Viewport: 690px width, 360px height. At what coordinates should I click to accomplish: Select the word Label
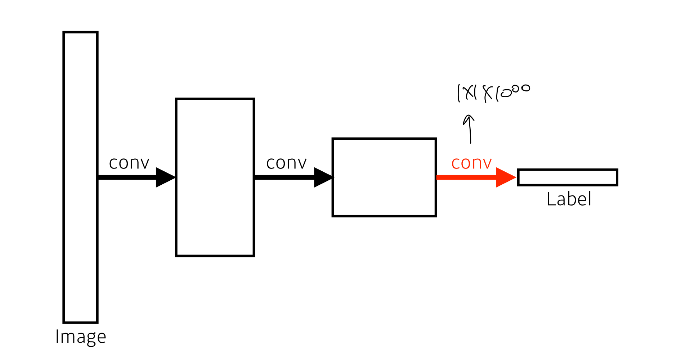click(569, 199)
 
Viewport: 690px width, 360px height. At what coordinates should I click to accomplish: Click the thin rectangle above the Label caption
click(568, 177)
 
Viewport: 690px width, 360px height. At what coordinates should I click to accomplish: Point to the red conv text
click(471, 163)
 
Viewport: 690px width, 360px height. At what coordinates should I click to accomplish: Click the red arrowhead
click(505, 177)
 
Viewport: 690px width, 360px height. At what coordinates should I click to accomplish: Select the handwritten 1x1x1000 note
click(493, 93)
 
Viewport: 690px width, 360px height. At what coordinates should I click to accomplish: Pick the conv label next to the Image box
click(129, 163)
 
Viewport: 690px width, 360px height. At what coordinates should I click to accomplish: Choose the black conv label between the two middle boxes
click(286, 163)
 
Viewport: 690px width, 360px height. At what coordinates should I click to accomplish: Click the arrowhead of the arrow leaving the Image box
click(165, 177)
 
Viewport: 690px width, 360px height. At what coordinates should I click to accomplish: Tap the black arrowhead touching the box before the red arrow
click(323, 177)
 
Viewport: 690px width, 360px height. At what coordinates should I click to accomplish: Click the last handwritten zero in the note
click(525, 88)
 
